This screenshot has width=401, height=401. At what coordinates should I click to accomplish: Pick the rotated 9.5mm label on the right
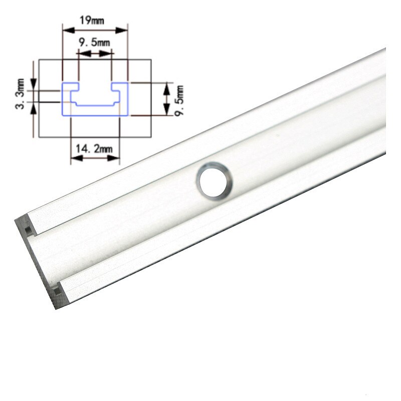click(179, 100)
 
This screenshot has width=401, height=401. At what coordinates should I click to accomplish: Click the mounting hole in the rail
click(214, 179)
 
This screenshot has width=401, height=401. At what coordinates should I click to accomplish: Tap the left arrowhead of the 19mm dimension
click(65, 31)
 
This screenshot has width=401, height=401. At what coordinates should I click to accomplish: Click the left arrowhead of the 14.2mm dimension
click(73, 157)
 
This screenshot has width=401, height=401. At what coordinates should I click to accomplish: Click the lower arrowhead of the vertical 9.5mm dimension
click(167, 113)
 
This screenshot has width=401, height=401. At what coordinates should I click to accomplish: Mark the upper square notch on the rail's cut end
click(28, 229)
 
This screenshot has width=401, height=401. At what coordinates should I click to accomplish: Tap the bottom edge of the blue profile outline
click(95, 116)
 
